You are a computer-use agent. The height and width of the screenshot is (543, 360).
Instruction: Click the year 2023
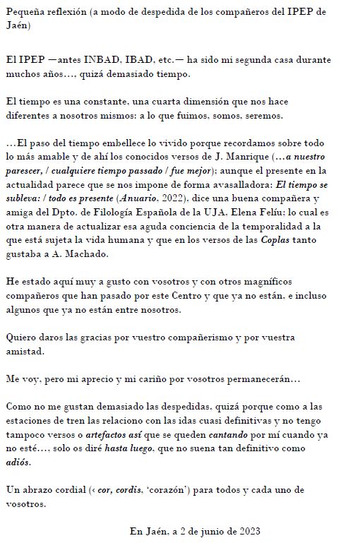(x=248, y=531)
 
